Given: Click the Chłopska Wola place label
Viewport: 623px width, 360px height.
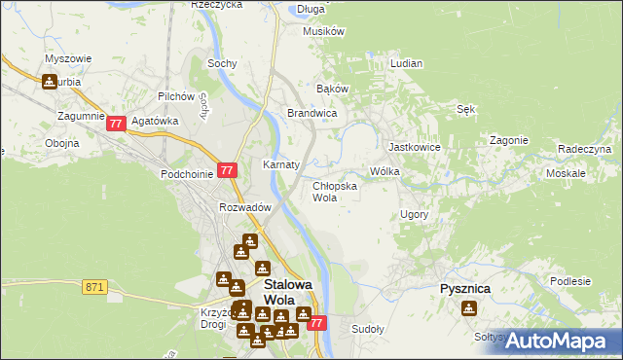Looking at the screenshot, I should [334, 191].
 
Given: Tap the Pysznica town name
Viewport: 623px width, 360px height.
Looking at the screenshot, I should [464, 289].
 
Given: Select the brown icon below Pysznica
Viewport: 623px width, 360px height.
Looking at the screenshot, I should [469, 308].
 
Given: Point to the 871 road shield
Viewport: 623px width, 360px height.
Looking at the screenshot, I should [94, 286].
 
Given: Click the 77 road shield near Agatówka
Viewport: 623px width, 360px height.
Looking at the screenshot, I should [117, 124].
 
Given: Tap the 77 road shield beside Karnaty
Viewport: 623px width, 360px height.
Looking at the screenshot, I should [227, 170].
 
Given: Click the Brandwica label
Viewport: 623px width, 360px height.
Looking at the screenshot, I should [311, 114].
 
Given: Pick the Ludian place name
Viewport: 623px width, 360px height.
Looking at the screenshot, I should [406, 63].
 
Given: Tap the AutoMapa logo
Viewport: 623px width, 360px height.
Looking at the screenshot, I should [558, 341].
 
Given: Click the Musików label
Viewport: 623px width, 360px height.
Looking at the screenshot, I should [324, 31].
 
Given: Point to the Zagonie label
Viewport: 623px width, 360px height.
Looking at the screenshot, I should [508, 139].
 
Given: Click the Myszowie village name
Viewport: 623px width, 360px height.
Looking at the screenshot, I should [68, 57].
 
